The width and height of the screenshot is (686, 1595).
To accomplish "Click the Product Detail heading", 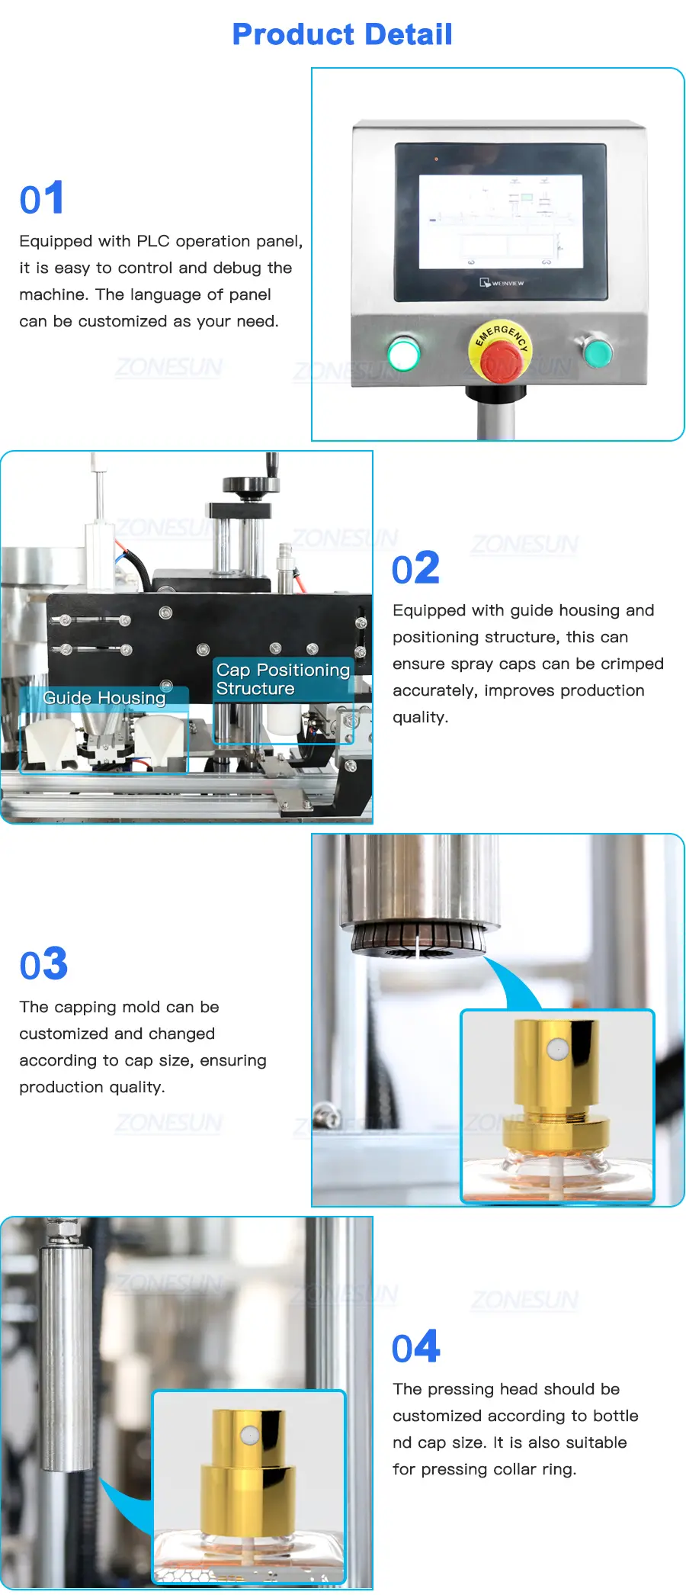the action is (342, 34).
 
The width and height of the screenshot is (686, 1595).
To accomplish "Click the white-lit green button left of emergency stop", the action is (403, 353).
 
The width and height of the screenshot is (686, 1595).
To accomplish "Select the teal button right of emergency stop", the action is (597, 351).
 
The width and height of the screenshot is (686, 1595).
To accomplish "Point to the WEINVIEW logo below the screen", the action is (502, 283).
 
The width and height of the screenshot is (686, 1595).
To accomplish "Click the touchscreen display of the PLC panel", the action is (500, 220).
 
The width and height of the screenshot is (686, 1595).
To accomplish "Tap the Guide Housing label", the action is (104, 698).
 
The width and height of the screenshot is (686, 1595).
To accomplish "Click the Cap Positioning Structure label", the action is (283, 679).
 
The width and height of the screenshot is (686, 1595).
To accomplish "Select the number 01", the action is (42, 199).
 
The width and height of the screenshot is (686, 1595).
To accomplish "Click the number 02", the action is (416, 568).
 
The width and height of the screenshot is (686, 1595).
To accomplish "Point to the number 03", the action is (44, 964).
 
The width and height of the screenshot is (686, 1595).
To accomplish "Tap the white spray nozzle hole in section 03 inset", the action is (558, 1050).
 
